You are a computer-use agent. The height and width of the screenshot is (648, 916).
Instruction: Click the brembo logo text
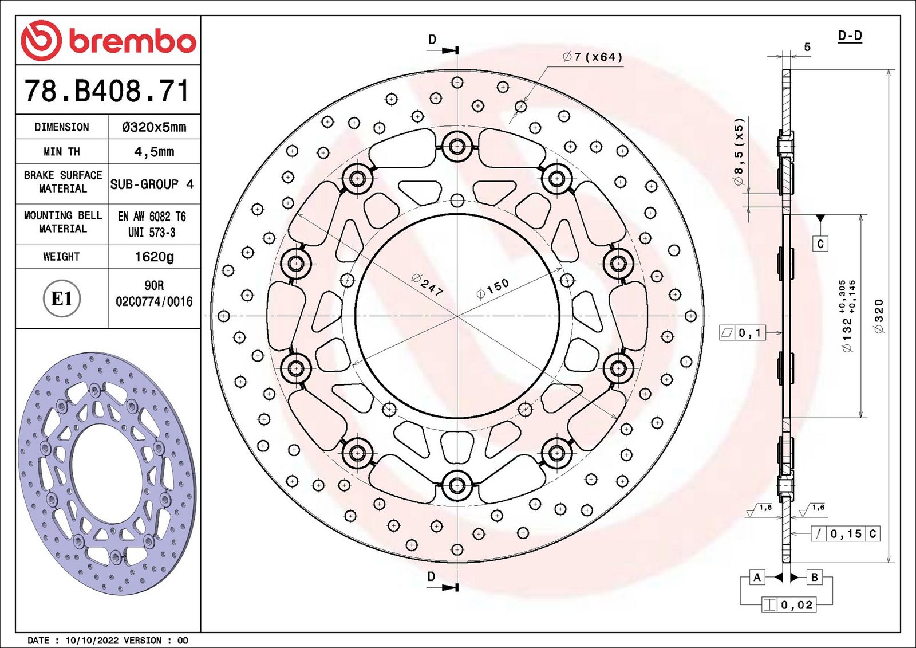point(132,41)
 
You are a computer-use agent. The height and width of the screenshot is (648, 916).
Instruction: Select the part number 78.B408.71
point(107,91)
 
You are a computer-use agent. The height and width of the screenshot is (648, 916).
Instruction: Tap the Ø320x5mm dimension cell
point(154,127)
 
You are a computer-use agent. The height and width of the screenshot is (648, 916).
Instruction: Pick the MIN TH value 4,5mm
point(154,152)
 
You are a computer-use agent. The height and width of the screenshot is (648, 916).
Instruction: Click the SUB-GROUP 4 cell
point(152,184)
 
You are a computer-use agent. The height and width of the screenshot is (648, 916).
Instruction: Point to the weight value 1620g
point(154,257)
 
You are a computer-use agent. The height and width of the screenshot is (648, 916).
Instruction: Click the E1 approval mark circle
point(62,299)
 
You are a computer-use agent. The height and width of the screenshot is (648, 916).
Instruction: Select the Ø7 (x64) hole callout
point(593,57)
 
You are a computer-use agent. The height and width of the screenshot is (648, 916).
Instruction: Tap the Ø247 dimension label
point(427,285)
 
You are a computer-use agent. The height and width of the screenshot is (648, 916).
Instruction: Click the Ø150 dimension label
point(492,289)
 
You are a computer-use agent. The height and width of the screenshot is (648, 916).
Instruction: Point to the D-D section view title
point(850,36)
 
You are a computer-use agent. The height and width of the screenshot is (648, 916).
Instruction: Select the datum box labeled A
point(757,577)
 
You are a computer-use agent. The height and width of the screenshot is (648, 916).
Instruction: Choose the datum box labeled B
point(815,577)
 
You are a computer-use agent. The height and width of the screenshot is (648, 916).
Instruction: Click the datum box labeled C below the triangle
point(820,244)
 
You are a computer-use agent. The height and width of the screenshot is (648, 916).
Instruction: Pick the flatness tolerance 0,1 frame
point(743,333)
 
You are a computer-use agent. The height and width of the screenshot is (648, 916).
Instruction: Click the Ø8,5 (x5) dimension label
point(739,152)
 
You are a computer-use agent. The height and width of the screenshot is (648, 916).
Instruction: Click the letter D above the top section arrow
point(432,40)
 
